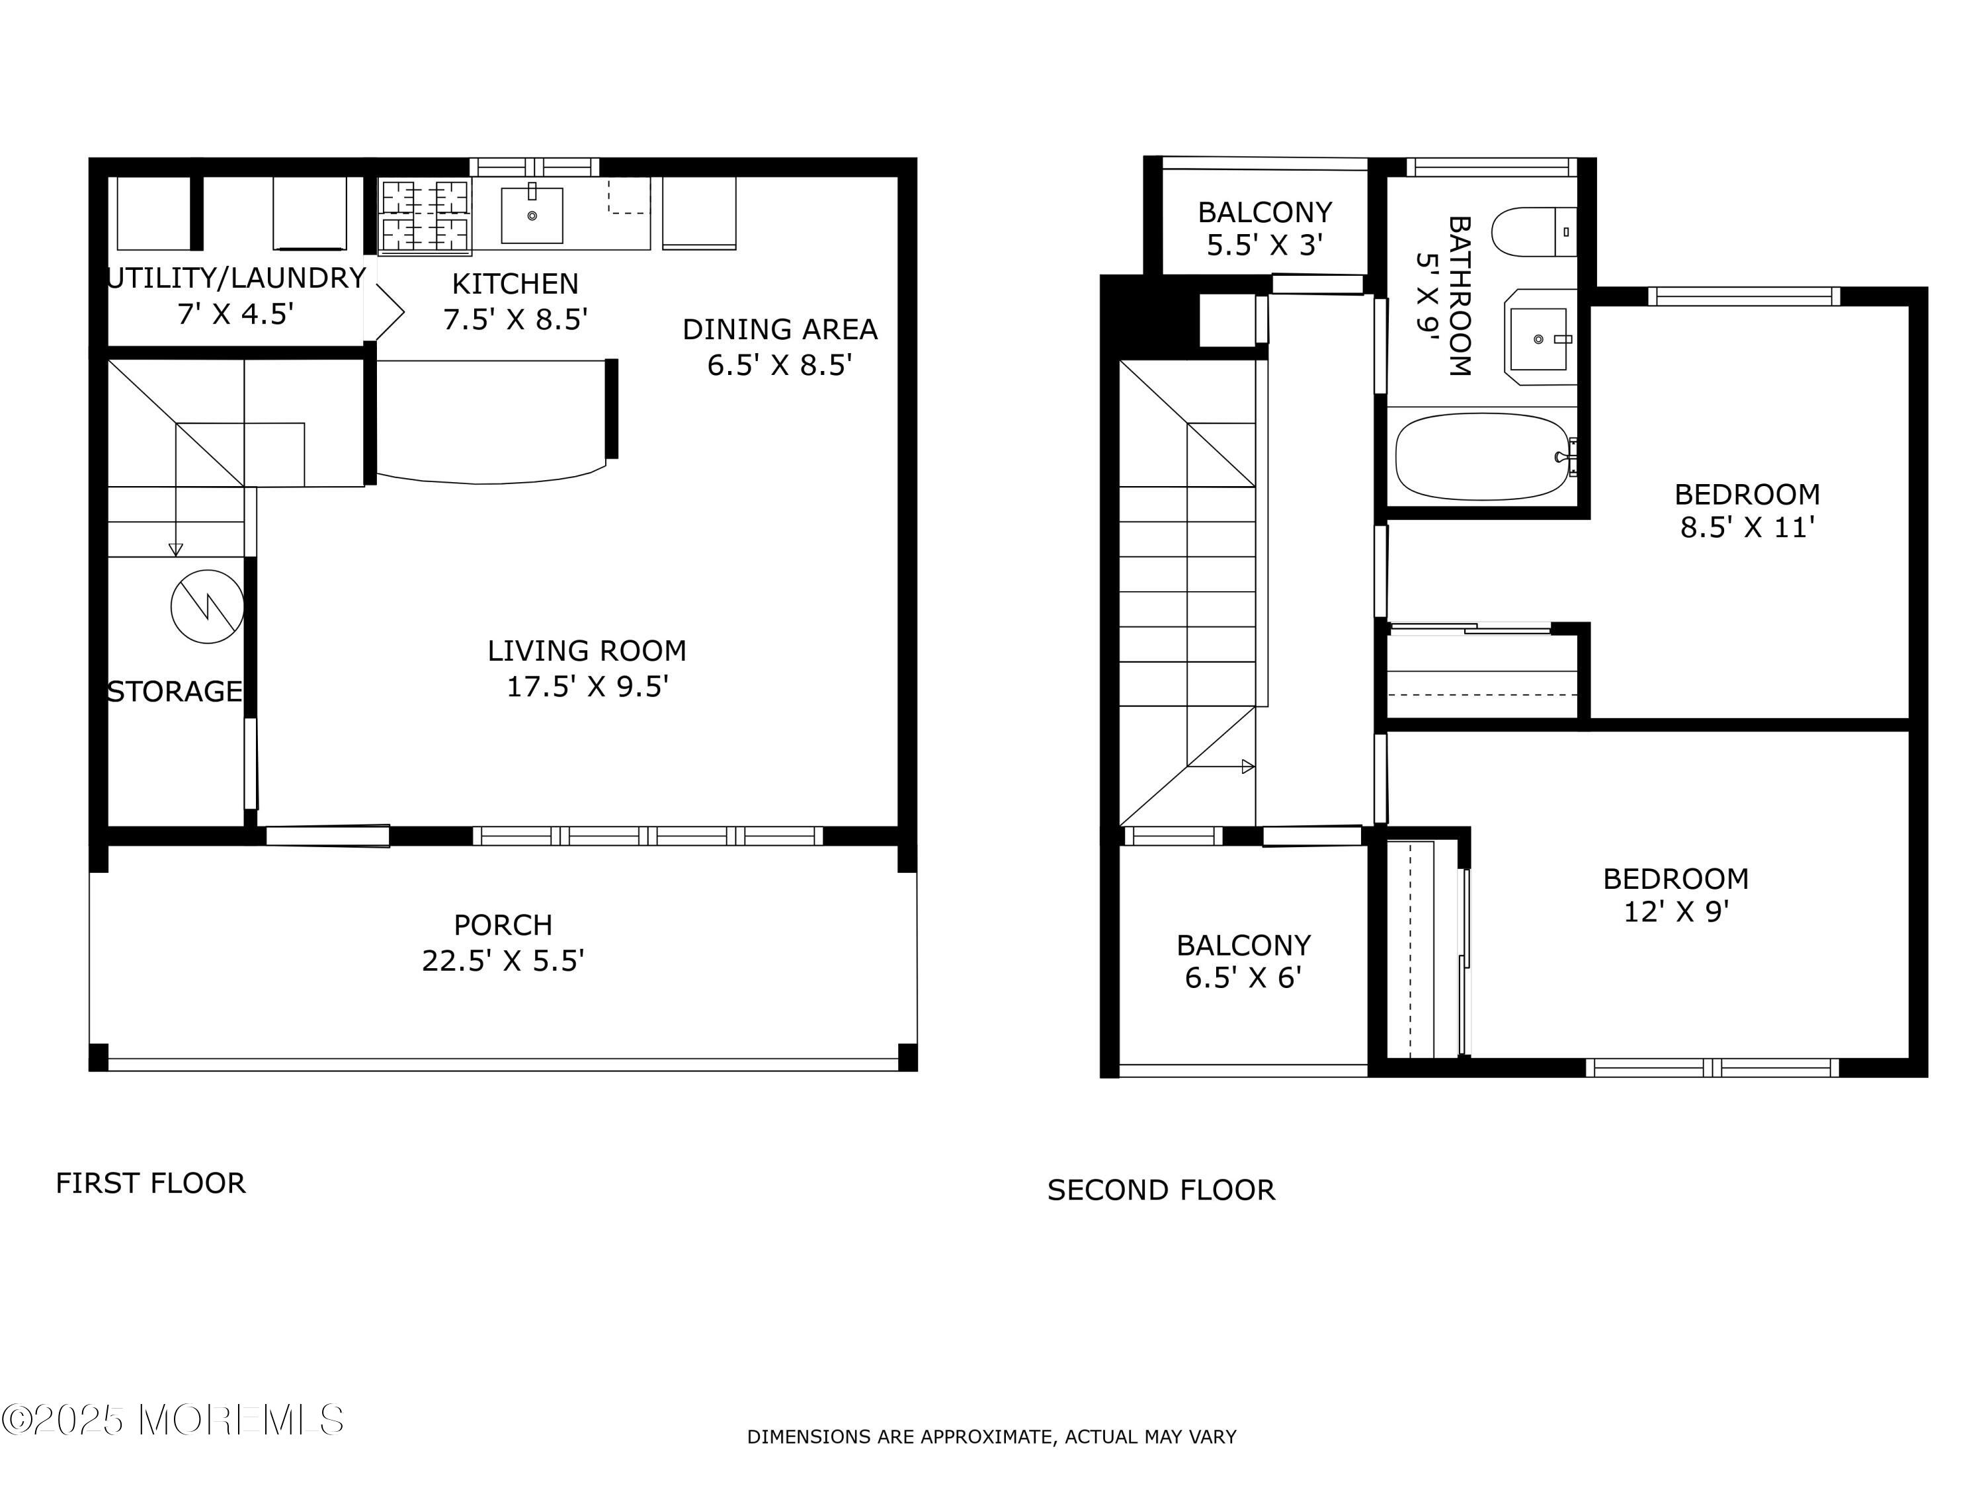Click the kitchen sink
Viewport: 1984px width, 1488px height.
point(532,214)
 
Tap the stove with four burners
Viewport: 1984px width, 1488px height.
point(425,215)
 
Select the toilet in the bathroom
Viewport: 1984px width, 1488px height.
point(1534,231)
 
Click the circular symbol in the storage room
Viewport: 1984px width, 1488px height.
point(207,606)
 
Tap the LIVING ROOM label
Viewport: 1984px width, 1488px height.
point(587,650)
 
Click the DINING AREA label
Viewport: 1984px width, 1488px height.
point(780,329)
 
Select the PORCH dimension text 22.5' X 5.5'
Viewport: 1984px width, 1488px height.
point(503,961)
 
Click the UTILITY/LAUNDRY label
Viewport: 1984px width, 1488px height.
point(236,278)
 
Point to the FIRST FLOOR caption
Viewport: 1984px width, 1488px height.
point(151,1183)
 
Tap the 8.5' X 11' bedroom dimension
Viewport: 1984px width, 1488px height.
point(1747,527)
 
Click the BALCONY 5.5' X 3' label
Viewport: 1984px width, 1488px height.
point(1264,227)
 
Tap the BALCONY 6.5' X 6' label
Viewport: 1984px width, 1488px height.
point(1243,961)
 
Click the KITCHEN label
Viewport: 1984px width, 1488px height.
point(515,284)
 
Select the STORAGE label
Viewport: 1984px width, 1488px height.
point(175,692)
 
